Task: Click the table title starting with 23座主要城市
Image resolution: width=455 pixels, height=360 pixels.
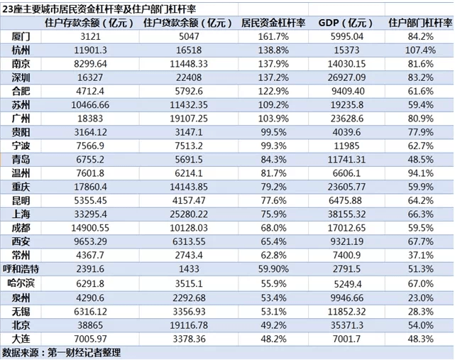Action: [x=99, y=9]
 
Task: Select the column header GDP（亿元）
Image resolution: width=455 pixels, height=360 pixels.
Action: [x=345, y=23]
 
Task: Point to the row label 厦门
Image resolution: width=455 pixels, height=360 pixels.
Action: [x=21, y=36]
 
